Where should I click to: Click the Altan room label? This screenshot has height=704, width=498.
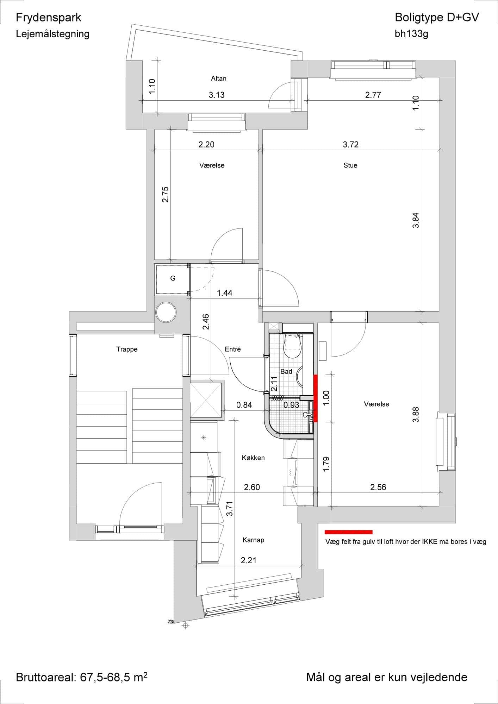218,78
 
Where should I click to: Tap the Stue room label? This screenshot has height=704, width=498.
350,165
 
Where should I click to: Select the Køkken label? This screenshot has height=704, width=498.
253,458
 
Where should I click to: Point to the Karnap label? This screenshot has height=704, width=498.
253,540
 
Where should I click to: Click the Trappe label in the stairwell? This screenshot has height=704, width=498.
127,349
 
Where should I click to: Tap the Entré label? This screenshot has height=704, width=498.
233,349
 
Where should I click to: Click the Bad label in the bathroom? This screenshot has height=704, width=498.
286,371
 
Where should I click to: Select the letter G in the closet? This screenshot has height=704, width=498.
173,278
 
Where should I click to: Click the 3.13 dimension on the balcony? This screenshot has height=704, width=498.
217,95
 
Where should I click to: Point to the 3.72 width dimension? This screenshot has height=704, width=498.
351,144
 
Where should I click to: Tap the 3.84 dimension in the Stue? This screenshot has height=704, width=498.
416,220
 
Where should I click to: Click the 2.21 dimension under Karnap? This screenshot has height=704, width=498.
248,560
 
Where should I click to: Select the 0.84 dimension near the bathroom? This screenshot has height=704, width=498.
244,405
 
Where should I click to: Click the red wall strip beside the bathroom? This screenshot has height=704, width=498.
316,398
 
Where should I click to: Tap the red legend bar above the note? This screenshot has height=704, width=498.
349,532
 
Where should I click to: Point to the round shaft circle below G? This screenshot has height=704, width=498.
166,312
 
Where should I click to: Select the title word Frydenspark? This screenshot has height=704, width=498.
49,18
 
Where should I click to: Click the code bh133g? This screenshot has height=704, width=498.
411,34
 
